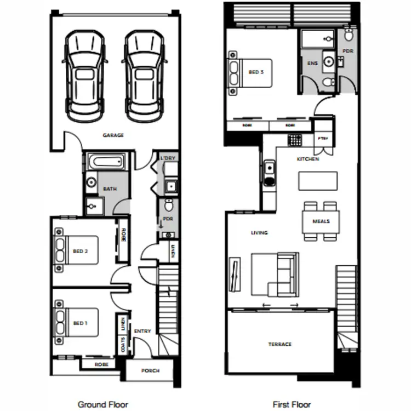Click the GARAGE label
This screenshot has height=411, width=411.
[113, 135]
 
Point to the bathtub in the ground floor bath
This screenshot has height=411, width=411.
[107, 163]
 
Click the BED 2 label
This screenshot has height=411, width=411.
[80, 252]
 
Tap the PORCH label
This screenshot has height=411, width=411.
[150, 371]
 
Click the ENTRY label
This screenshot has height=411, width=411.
[142, 331]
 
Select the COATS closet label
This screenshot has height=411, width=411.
[122, 345]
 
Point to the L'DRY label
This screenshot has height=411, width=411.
[167, 159]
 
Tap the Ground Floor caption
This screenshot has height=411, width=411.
[103, 404]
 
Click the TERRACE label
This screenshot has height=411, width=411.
[279, 344]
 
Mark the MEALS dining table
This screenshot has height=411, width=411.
[321, 221]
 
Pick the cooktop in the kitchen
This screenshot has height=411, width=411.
[295, 140]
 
